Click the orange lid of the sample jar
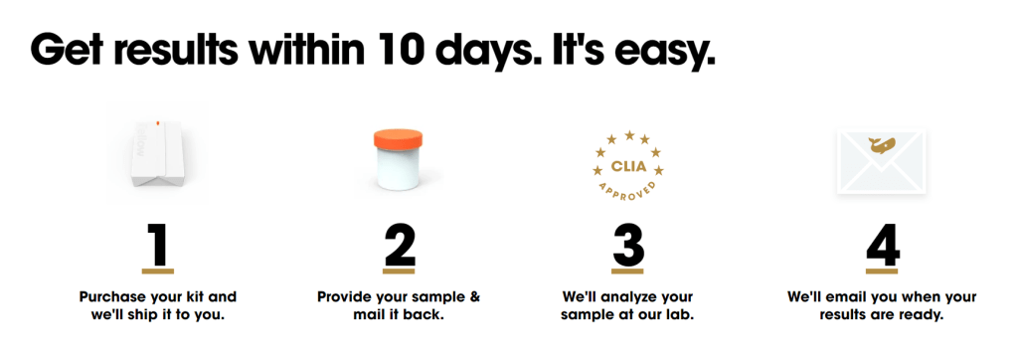(399, 140)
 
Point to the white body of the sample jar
(399, 170)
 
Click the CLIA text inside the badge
(629, 167)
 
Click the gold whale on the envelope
(882, 145)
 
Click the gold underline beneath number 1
(158, 270)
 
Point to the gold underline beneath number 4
(883, 270)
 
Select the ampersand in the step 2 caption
(474, 297)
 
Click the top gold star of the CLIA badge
(629, 135)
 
